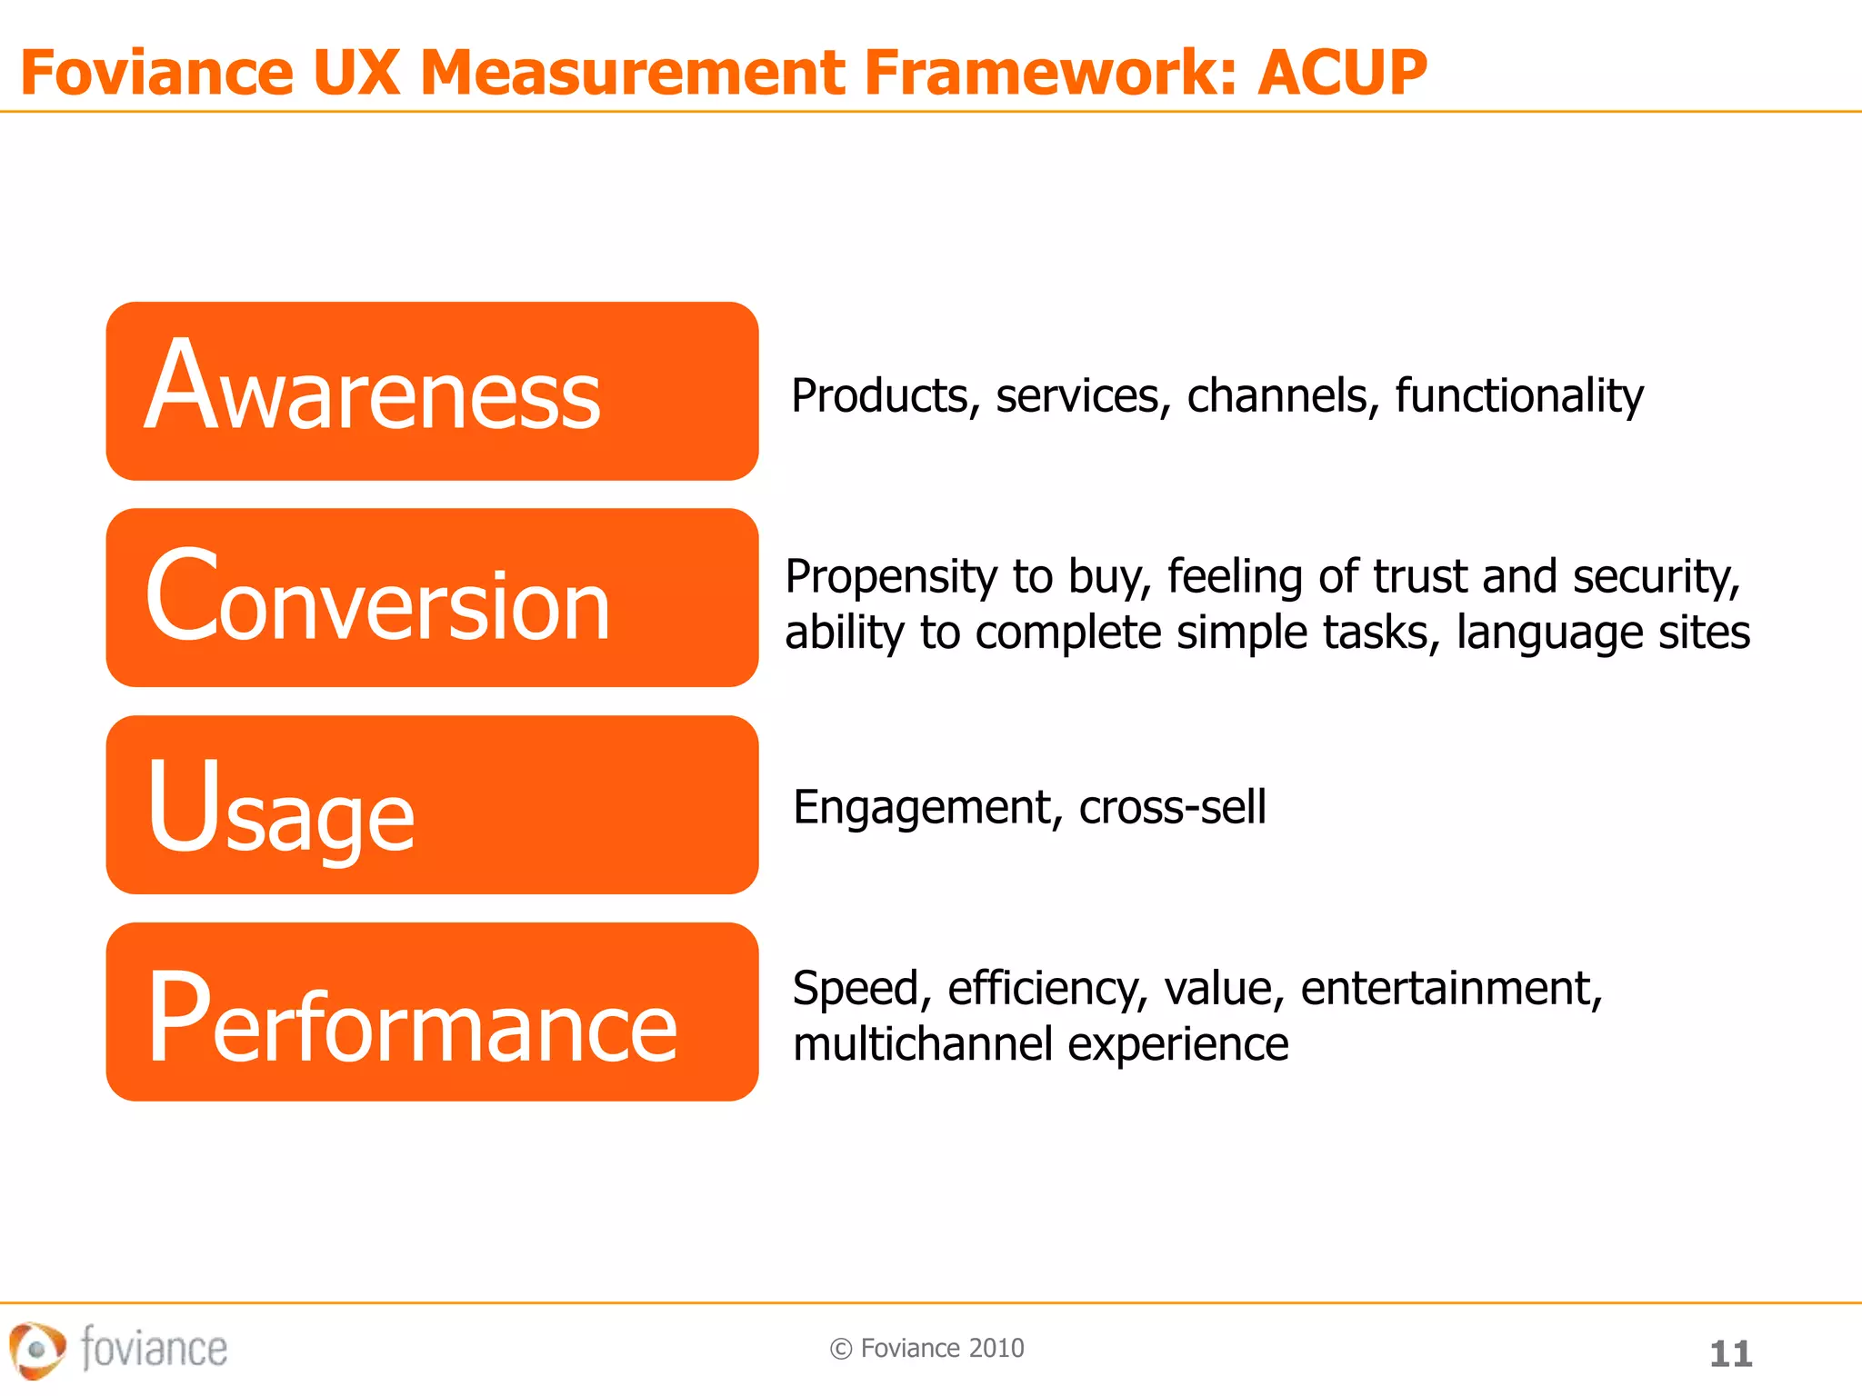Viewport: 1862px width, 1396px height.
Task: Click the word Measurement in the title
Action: [634, 73]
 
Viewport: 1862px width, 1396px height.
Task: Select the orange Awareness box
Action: [432, 391]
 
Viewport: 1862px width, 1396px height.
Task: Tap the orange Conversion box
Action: [432, 597]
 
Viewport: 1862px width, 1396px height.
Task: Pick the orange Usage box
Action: [432, 804]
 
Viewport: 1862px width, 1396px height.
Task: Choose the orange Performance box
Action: [432, 1012]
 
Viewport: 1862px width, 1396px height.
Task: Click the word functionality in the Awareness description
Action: [1519, 396]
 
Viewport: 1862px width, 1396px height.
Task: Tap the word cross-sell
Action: [1172, 807]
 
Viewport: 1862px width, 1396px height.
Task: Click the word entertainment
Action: [1451, 989]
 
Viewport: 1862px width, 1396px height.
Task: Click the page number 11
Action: [1730, 1354]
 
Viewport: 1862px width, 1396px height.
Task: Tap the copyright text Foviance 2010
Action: [941, 1348]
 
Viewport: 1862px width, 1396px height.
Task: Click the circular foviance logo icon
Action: [36, 1350]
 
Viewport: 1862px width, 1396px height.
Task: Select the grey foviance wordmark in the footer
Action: [154, 1347]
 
